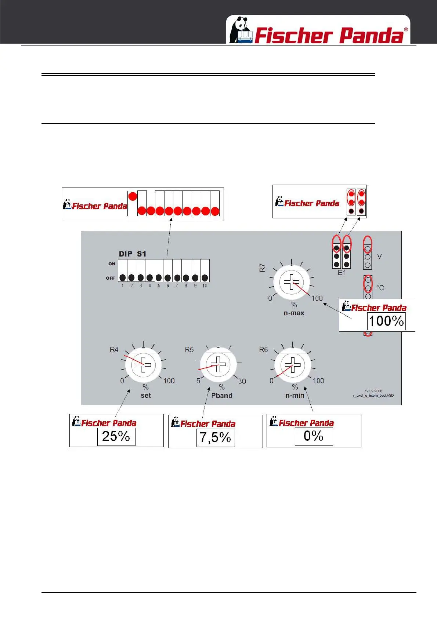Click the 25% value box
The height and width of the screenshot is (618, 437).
click(x=116, y=437)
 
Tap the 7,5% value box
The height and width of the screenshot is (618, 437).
click(x=215, y=437)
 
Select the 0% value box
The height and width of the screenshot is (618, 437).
click(x=313, y=436)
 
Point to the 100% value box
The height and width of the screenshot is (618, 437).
click(x=386, y=321)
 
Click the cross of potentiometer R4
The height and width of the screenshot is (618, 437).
click(x=143, y=364)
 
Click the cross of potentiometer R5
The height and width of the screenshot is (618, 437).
click(x=218, y=364)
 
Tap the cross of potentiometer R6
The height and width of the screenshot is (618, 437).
click(x=293, y=364)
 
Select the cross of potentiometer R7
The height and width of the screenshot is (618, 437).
click(x=292, y=282)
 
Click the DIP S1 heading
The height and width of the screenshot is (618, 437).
click(x=132, y=254)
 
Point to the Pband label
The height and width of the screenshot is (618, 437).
click(x=221, y=395)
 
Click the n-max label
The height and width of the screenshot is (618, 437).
click(x=294, y=313)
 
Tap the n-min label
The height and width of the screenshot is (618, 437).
click(x=295, y=395)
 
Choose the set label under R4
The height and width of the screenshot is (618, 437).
click(x=146, y=395)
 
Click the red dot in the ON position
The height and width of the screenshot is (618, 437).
click(x=133, y=196)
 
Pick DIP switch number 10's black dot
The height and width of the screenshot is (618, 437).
click(x=205, y=278)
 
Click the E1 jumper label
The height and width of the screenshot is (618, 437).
click(x=342, y=273)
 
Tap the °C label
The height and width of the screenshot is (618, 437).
click(x=380, y=288)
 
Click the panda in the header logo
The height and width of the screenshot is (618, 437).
click(x=241, y=29)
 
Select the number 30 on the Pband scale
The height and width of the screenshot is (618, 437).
click(x=242, y=381)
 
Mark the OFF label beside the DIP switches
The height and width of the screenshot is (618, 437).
click(x=110, y=278)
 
